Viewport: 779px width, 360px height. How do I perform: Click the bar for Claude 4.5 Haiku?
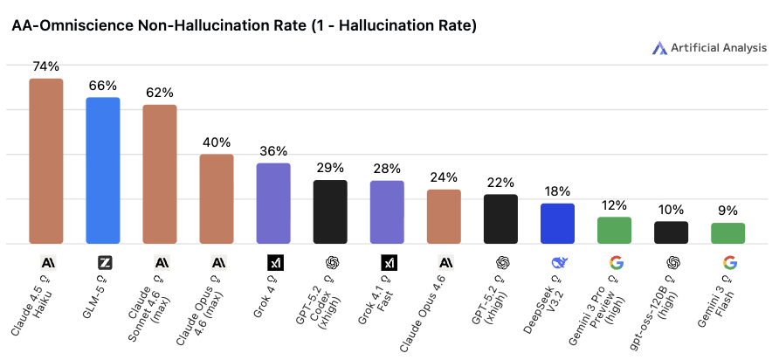[46, 161]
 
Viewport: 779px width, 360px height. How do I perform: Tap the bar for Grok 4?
[273, 203]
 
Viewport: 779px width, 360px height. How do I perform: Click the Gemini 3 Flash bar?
[727, 232]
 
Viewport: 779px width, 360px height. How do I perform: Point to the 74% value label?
[46, 66]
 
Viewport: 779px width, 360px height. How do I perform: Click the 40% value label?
[217, 142]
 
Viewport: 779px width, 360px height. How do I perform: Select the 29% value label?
[330, 167]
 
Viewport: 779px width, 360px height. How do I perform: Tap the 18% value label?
[557, 190]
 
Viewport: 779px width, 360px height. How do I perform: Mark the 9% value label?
[727, 210]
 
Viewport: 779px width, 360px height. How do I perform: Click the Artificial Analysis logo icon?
[660, 48]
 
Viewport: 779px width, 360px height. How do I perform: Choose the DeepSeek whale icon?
[558, 262]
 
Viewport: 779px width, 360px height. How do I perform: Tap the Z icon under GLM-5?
[104, 262]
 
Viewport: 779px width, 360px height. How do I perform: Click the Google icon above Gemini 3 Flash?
[728, 262]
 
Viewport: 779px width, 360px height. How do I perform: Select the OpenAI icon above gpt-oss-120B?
[672, 262]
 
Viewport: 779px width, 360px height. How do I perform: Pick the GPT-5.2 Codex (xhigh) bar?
[330, 211]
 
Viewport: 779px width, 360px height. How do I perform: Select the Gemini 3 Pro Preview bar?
[614, 230]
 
